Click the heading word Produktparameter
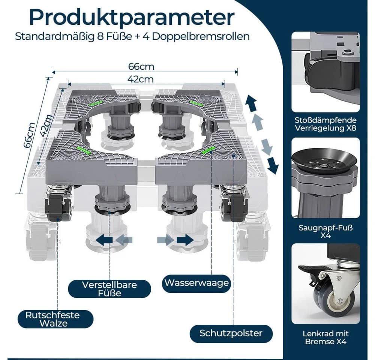(x=132, y=18)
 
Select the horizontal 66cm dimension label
(x=141, y=66)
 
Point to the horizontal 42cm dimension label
(x=140, y=79)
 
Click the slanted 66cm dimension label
(x=29, y=135)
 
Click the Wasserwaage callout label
(x=196, y=283)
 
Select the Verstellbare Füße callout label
(x=109, y=289)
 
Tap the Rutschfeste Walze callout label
(x=52, y=319)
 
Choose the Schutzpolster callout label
(x=231, y=333)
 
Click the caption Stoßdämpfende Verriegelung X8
(x=325, y=124)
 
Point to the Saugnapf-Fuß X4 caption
(x=325, y=231)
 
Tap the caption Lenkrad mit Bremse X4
(x=325, y=337)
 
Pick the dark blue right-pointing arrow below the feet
(x=184, y=240)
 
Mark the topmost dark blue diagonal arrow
(x=251, y=103)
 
